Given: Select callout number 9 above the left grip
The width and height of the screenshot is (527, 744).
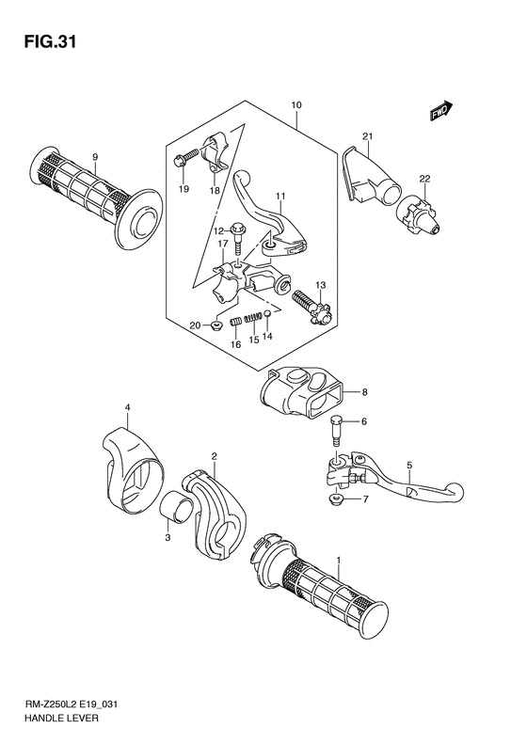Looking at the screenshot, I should click(95, 156).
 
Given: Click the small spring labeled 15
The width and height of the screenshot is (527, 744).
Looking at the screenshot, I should click(251, 320).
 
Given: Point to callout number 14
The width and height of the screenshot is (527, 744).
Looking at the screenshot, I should click(267, 336).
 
